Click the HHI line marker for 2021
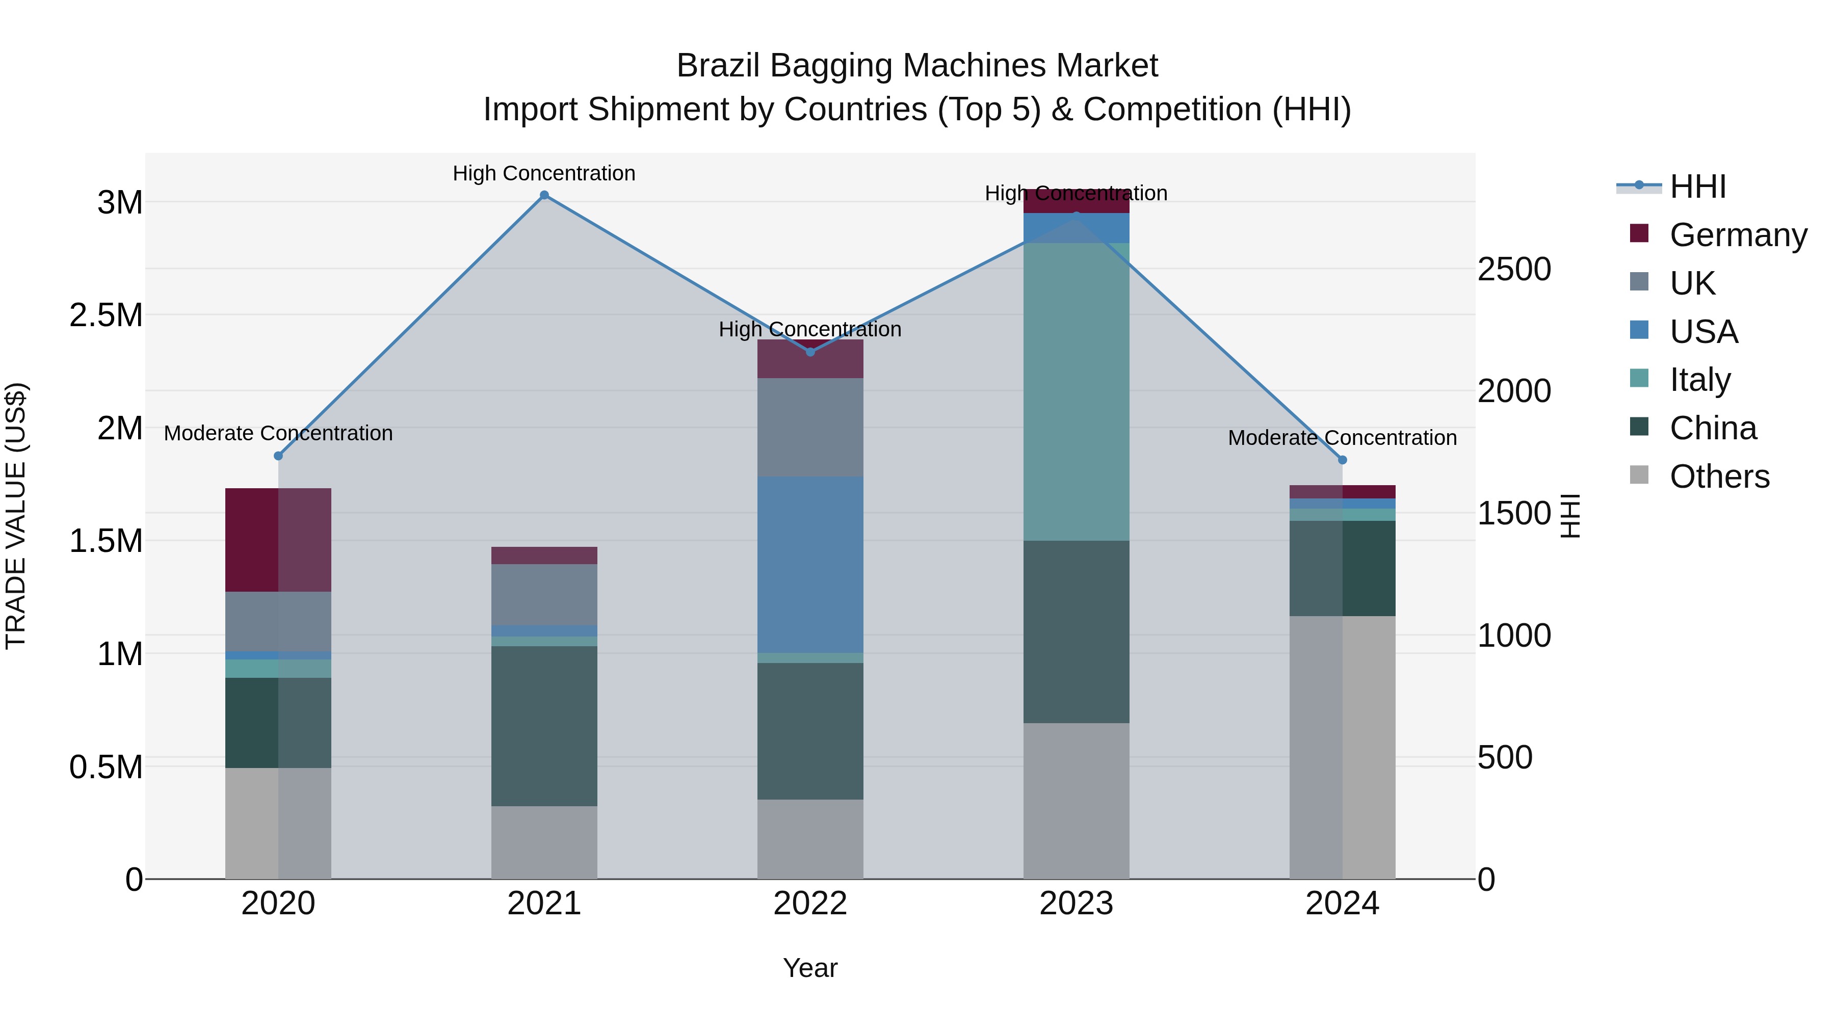[544, 195]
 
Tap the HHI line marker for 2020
[278, 456]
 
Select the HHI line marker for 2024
[1343, 460]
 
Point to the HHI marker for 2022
[810, 352]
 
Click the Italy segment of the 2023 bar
[1077, 392]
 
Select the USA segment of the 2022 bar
[810, 564]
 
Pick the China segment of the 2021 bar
[544, 726]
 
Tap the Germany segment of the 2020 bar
[278, 540]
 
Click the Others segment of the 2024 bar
[1343, 747]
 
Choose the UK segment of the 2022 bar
[810, 428]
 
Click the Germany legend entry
[1738, 235]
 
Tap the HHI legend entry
[1697, 187]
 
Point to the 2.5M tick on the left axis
[106, 315]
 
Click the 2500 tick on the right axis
[1514, 269]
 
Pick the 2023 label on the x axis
[1077, 904]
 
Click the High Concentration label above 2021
[544, 173]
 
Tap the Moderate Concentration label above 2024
[1343, 438]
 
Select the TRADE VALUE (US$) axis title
[16, 516]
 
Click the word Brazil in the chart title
[718, 66]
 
